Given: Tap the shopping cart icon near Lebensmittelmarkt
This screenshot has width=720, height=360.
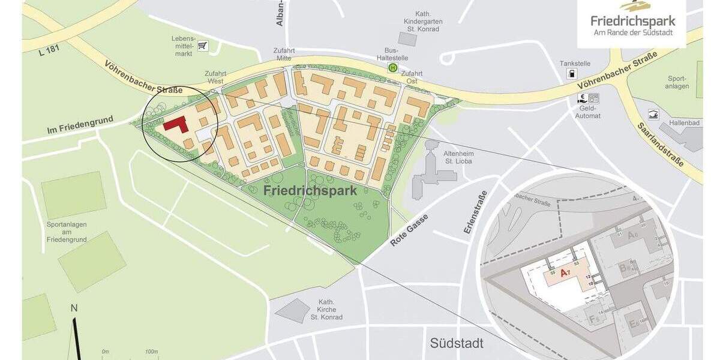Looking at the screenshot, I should point(202,46).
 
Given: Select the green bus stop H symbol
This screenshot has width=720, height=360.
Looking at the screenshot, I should point(393,68).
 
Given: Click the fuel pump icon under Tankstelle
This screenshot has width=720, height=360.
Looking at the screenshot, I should point(572,74).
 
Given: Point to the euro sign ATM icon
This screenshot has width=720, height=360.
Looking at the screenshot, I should point(581,98).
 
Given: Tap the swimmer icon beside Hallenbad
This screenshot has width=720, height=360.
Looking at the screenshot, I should point(653,115).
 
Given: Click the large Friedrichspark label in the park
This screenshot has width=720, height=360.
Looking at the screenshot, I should point(310,191).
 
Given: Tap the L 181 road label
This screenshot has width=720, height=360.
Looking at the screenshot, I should point(49,53).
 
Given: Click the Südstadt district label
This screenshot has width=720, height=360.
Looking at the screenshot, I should point(456,343).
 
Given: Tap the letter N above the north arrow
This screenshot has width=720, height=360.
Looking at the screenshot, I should point(74,308).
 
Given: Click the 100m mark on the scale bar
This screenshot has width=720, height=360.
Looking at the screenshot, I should point(151,351).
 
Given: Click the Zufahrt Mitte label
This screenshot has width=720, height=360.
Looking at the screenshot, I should point(280,54).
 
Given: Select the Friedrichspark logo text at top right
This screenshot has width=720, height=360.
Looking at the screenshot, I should point(632,21).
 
